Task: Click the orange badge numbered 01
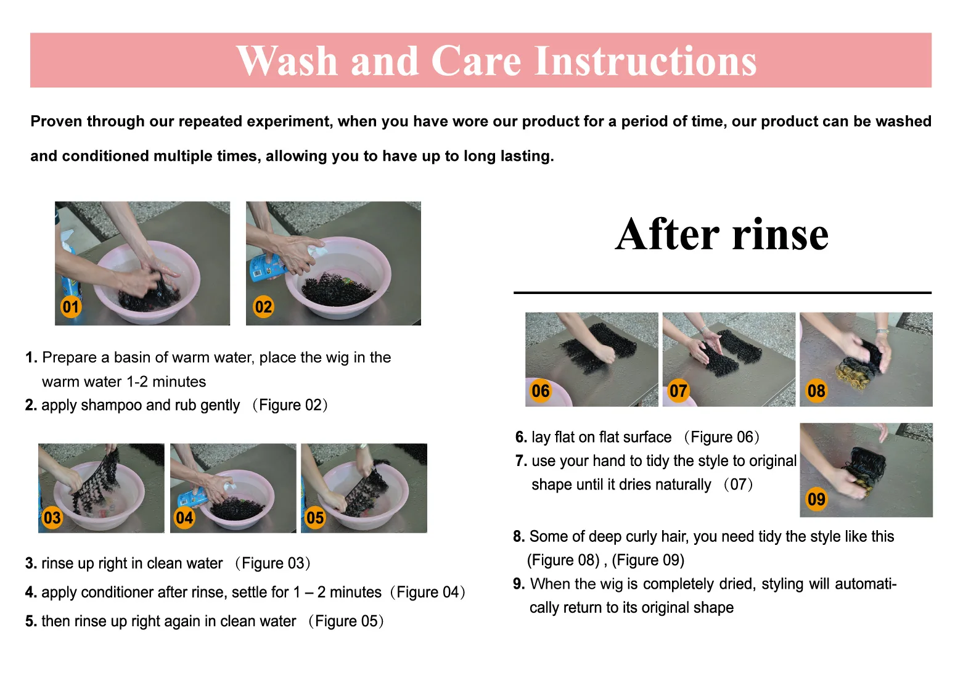71,307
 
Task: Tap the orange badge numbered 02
263,307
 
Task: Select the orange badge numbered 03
52,518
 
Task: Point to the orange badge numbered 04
184,518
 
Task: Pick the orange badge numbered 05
315,518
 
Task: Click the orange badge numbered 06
541,391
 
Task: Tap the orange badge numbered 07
678,391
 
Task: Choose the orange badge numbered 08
816,391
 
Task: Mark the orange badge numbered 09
816,499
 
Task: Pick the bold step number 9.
518,584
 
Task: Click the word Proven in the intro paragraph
56,121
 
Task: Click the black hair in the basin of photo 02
337,288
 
